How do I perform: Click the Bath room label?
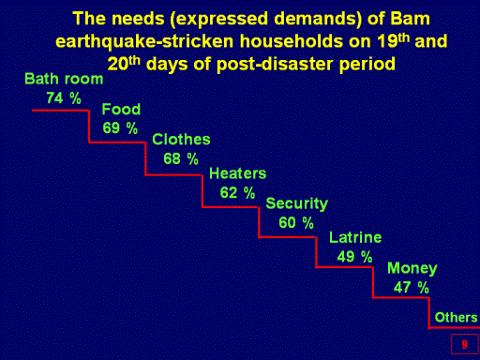coord(64,79)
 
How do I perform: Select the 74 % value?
coord(64,98)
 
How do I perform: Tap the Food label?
coord(121,110)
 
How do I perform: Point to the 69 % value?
coord(120,128)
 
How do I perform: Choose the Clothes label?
coord(181,140)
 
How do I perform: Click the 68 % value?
coord(181,158)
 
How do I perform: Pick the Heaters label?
coord(238,173)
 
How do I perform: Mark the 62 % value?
coord(237,192)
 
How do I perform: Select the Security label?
coord(296,204)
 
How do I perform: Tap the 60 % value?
coord(296,223)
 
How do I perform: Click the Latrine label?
coord(355,237)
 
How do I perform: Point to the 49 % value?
coord(354,257)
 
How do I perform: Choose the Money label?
coord(412,268)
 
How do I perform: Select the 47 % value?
coord(412,287)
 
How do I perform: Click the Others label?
coord(456,318)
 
